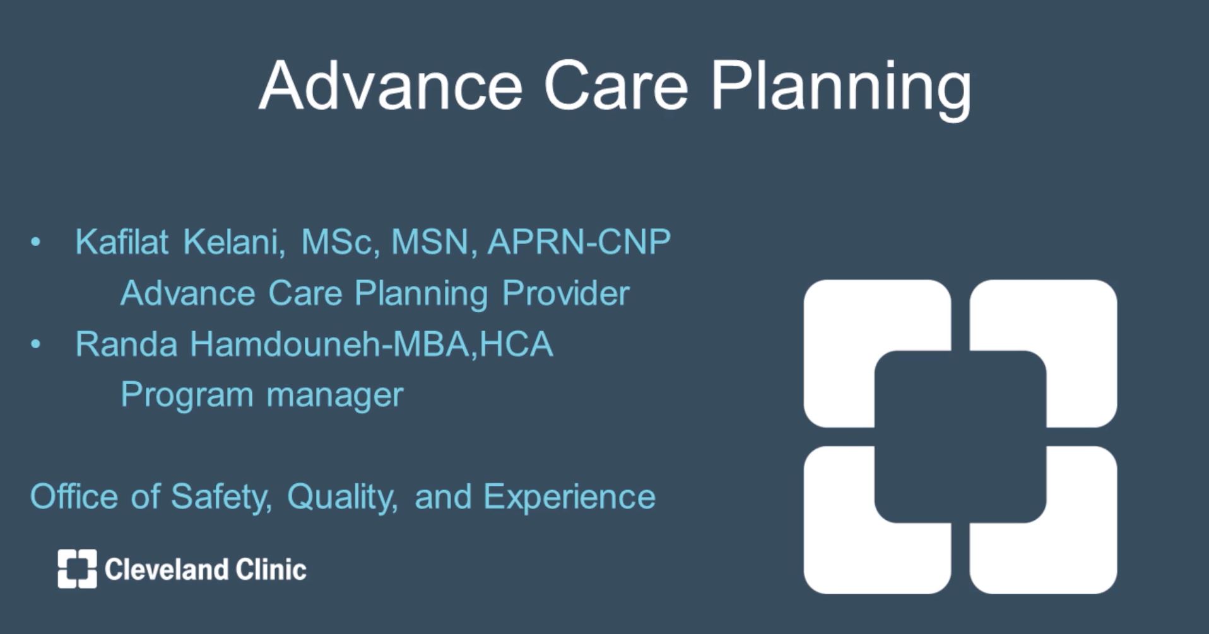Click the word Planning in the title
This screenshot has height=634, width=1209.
(x=841, y=89)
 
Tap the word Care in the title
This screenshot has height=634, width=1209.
(x=616, y=86)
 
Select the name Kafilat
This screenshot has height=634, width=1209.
(x=122, y=242)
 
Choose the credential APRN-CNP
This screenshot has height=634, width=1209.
(x=579, y=242)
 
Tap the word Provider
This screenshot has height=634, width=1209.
(x=566, y=293)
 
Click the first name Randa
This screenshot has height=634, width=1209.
(x=126, y=344)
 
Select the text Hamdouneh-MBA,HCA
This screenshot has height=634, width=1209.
(x=372, y=344)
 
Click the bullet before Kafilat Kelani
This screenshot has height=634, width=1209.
(x=35, y=242)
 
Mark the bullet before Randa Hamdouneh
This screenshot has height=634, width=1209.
(x=35, y=344)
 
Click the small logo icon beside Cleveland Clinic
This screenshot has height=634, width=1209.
(x=78, y=568)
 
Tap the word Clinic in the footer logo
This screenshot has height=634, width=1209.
(x=271, y=569)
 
